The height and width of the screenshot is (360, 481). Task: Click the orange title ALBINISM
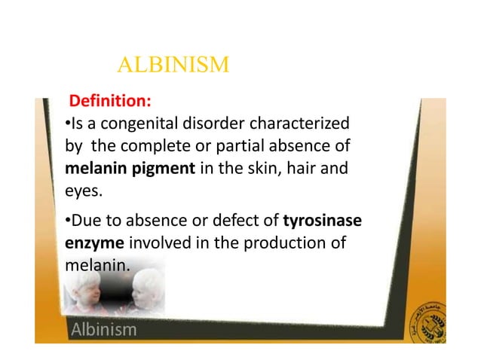coord(173,66)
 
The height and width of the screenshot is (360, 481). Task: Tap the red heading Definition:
coord(109,100)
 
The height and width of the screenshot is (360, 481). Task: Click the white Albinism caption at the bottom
coord(103,330)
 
